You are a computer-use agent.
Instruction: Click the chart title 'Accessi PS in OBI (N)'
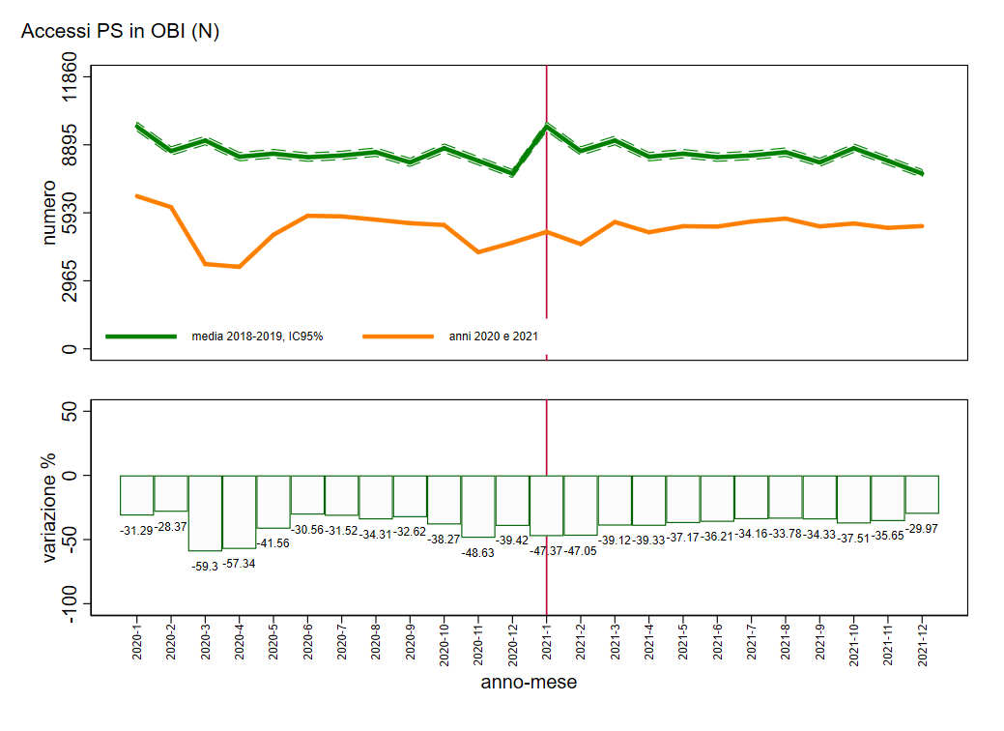coord(120,32)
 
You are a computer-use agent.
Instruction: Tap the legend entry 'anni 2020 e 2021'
coord(493,336)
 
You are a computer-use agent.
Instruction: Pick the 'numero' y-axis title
coord(49,213)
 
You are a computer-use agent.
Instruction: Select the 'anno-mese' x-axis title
coord(529,683)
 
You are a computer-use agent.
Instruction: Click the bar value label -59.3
coord(206,566)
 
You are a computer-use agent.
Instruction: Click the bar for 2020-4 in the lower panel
coord(240,512)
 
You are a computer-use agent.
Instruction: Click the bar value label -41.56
coord(273,543)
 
